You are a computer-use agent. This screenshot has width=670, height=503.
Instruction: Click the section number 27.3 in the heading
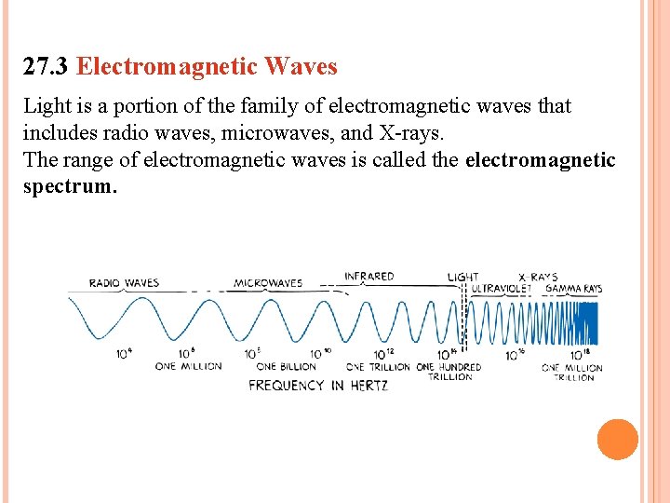tap(47, 67)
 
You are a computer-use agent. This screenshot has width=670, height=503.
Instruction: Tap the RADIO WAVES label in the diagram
tap(124, 283)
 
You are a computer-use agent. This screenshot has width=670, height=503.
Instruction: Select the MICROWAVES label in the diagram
tap(268, 283)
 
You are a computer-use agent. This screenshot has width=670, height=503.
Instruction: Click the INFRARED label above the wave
tap(369, 277)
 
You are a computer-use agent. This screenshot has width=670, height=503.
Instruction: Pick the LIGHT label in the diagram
tap(462, 277)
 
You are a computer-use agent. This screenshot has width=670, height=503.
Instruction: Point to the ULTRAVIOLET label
tap(501, 289)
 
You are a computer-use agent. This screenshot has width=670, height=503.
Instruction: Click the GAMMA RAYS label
tap(573, 289)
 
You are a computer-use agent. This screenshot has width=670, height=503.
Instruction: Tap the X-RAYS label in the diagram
tap(537, 277)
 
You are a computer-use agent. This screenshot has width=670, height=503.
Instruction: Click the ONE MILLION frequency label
tap(189, 366)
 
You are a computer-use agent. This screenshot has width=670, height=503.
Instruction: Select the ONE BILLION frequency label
tap(286, 366)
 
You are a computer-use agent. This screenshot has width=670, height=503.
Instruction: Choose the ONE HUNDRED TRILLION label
tap(450, 372)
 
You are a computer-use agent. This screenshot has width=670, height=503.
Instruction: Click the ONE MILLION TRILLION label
tap(572, 372)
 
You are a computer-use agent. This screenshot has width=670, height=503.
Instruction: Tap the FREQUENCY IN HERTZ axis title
tap(318, 385)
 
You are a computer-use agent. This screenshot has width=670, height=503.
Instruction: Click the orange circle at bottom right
tap(617, 439)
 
